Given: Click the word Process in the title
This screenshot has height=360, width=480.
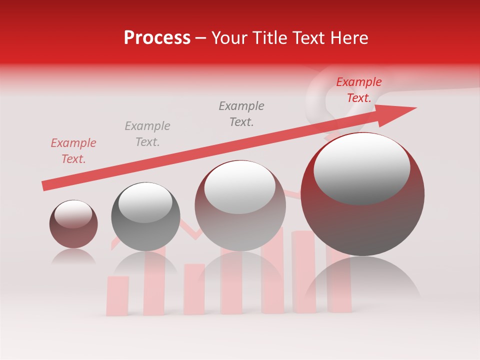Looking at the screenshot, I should (157, 38).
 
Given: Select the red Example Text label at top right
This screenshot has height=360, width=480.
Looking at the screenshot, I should (359, 90).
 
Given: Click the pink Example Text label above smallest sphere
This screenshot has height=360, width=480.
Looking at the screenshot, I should (73, 151).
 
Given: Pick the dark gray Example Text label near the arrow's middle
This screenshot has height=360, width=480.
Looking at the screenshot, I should (241, 113).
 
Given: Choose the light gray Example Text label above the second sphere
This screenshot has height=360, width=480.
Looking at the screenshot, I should (147, 133).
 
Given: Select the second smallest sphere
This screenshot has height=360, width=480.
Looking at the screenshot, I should (145, 220).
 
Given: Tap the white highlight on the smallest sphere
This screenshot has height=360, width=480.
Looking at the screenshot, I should (73, 214).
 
